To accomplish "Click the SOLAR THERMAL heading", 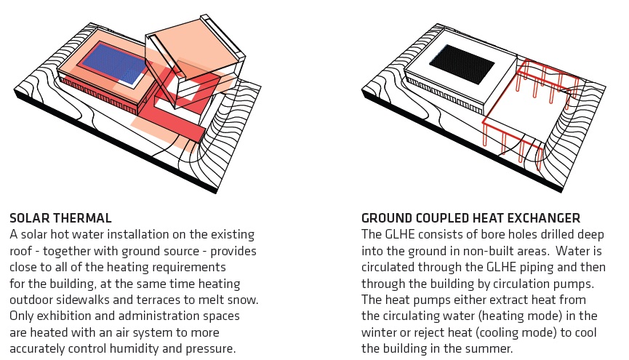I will tap(60, 217).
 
